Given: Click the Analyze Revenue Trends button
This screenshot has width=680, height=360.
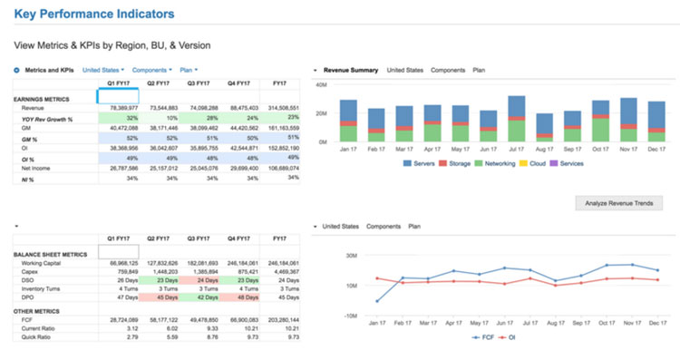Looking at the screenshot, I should tap(619, 202).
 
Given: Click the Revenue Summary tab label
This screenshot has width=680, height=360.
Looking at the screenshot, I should tap(351, 70).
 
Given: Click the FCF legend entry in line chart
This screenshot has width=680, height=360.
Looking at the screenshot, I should tap(483, 336).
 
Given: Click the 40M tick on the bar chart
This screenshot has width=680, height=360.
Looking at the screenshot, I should tap(320, 84).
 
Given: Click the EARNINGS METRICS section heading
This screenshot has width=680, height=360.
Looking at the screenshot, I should tap(42, 98).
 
